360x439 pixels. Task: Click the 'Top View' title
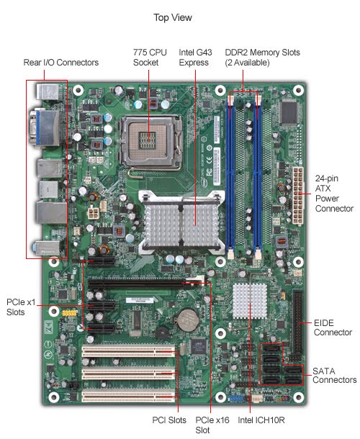[173, 18]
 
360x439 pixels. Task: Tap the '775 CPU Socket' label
[150, 58]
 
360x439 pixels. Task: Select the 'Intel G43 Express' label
[195, 58]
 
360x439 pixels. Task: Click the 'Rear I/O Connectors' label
[61, 63]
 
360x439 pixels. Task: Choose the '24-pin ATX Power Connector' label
[334, 194]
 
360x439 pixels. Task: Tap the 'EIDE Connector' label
[333, 327]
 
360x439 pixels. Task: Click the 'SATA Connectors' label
[335, 376]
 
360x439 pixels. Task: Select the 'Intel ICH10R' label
[261, 420]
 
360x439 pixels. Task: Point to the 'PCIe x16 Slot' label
[212, 425]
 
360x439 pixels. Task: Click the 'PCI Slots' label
[169, 420]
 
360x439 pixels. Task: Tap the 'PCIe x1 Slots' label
[21, 307]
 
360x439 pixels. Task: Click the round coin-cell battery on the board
[187, 320]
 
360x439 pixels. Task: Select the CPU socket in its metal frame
[150, 142]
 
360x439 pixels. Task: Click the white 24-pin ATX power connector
[298, 195]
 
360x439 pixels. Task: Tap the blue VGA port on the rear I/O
[45, 128]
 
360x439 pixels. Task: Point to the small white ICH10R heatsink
[250, 301]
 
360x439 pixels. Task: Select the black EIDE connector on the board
[297, 322]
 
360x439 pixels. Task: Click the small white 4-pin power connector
[92, 214]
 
